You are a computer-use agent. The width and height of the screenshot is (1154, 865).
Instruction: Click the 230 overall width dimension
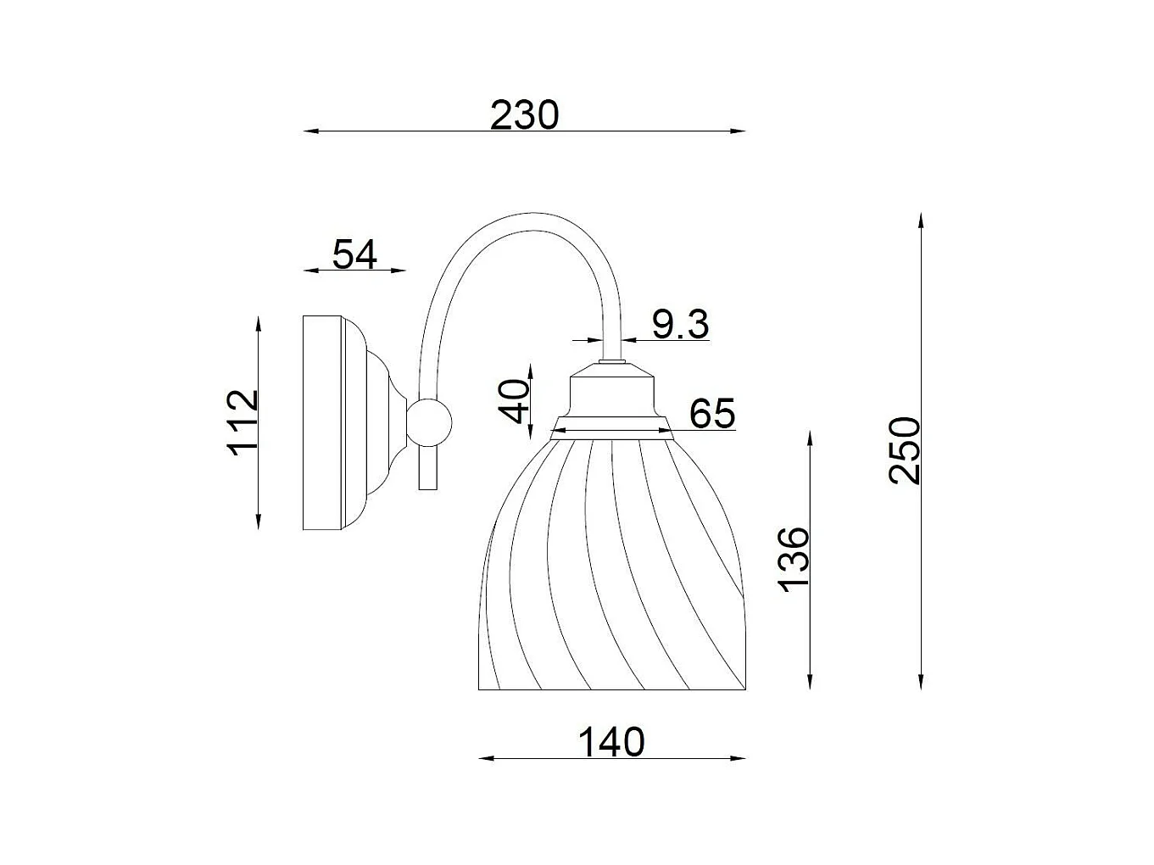524,115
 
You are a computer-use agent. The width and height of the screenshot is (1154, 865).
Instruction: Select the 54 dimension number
355,254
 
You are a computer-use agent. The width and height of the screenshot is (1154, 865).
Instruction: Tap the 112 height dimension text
243,422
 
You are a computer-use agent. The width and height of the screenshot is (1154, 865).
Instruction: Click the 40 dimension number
513,401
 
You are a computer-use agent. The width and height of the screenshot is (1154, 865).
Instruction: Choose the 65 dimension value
712,413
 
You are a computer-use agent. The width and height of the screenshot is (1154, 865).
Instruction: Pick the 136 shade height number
793,560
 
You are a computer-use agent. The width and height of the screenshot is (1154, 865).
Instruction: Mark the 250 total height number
904,450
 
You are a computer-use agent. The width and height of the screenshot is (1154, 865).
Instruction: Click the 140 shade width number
611,742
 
